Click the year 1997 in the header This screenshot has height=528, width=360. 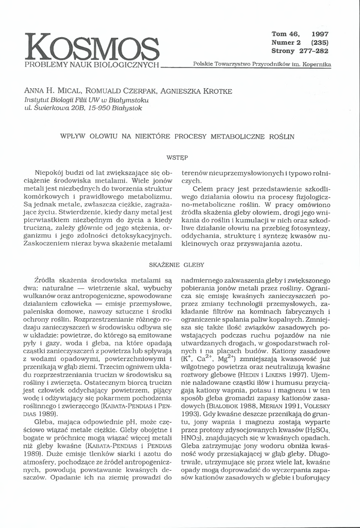[320, 34]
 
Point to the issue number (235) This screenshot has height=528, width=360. [320, 42]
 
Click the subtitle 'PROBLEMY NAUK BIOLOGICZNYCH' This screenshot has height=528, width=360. [92, 65]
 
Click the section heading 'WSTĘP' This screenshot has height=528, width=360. [176, 156]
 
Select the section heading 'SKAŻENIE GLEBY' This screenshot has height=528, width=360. [176, 265]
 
